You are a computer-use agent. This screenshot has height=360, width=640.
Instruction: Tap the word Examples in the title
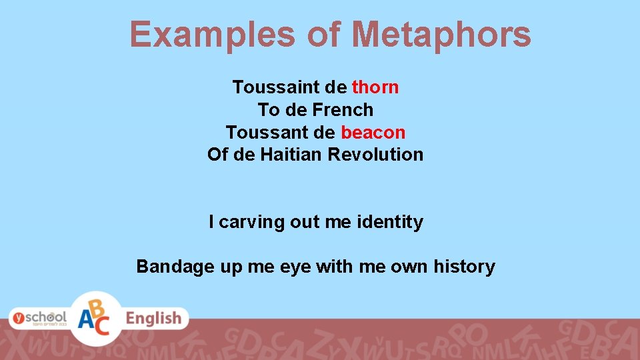[x=212, y=35]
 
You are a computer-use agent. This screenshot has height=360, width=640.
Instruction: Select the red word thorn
[x=375, y=87]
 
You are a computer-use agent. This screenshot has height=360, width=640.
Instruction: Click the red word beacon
[x=373, y=132]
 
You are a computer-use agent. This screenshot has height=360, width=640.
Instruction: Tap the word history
[x=464, y=267]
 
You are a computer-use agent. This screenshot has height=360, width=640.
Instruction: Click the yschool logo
[x=37, y=318]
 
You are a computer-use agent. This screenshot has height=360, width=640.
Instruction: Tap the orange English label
[x=154, y=319]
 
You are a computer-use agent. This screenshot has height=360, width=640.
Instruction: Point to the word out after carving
[x=305, y=222]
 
